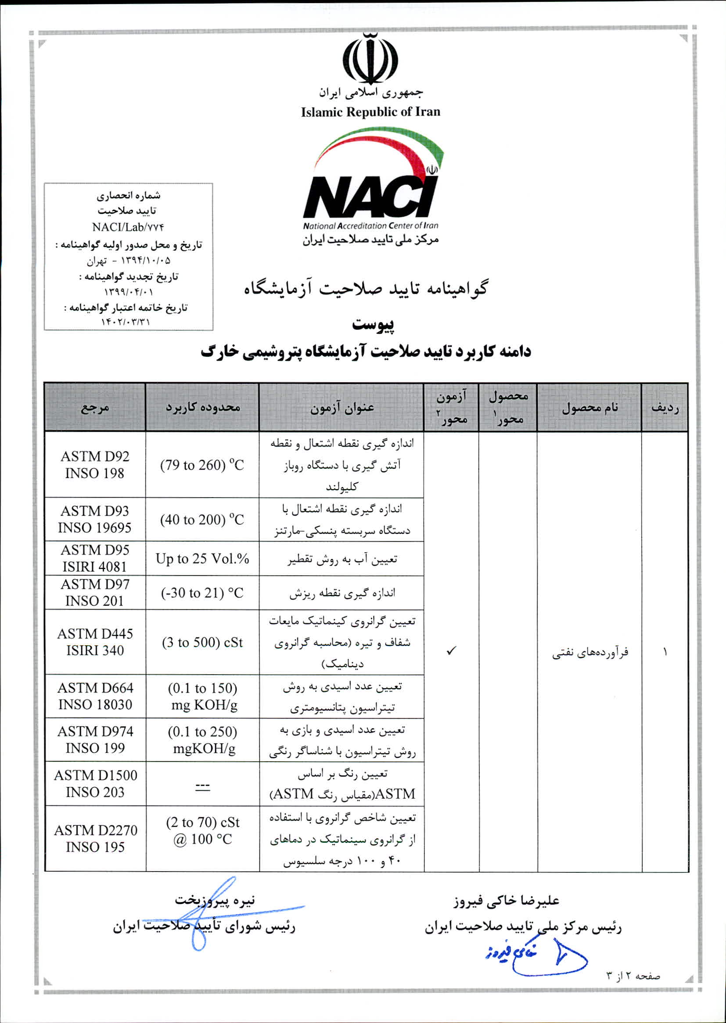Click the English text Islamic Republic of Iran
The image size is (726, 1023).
pos(370,112)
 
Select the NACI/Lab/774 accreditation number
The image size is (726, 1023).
pos(128,227)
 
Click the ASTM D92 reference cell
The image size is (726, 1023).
pos(95,464)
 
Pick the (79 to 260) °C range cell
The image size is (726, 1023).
pos(202,465)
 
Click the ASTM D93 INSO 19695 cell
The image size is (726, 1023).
pos(95,519)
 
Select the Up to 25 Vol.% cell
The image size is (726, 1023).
pos(202,558)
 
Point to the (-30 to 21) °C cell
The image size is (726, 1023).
pos(202,593)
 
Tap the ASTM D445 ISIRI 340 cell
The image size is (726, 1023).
pos(95,641)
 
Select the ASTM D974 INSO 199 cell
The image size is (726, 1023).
pos(95,739)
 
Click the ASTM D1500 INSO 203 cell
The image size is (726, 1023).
pos(95,783)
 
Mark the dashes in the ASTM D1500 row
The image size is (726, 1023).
pos(202,788)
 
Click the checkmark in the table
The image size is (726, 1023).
pos(451,651)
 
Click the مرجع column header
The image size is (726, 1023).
pos(95,407)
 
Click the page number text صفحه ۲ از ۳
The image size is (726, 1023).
pos(633,976)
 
